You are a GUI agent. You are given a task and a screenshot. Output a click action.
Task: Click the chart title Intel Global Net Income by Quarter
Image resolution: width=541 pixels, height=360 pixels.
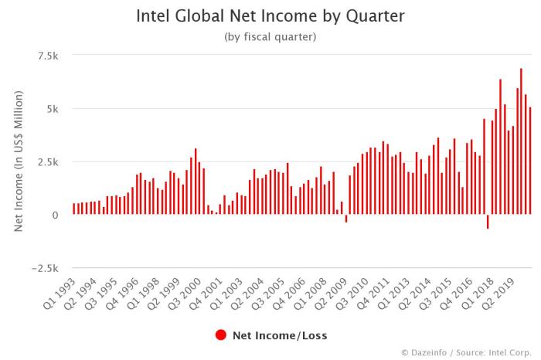pyautogui.click(x=270, y=15)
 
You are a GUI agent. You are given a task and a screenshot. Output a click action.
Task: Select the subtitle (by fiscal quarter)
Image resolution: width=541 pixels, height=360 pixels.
pyautogui.click(x=270, y=36)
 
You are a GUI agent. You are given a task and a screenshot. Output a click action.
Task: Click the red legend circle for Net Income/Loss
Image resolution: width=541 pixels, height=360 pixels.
pyautogui.click(x=221, y=335)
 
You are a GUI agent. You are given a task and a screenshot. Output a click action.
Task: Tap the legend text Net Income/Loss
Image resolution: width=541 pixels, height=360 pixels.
pyautogui.click(x=280, y=335)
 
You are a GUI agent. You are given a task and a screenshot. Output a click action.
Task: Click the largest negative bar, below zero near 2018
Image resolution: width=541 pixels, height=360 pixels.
pyautogui.click(x=488, y=222)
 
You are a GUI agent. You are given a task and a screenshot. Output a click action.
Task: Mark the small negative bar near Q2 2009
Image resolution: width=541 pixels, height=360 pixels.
pyautogui.click(x=346, y=219)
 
